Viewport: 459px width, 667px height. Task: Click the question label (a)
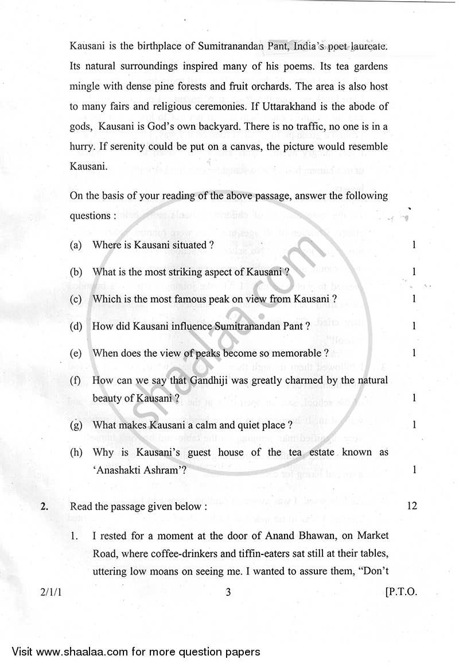pos(75,245)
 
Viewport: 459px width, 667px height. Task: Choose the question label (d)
pos(75,326)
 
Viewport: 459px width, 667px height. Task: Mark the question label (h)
pos(75,452)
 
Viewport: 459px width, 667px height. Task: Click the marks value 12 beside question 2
pos(411,506)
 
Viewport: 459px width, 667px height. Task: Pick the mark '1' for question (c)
pos(414,299)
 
